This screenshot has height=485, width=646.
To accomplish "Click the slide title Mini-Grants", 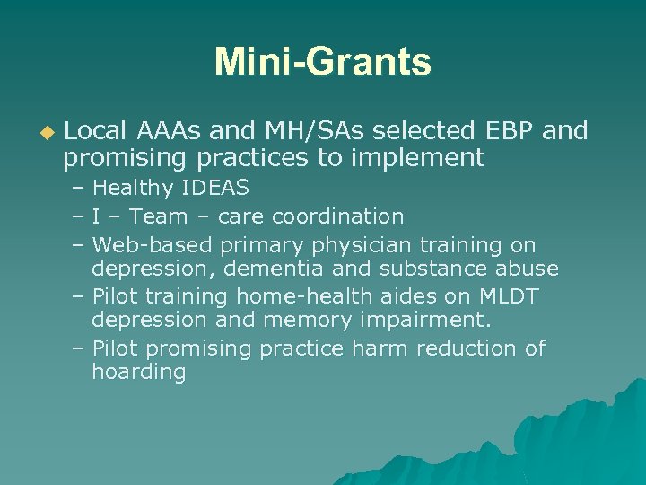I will pos(322,63).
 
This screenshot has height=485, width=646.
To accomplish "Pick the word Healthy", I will pos(133,189).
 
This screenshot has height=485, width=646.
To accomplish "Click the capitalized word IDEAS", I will pos(215,189).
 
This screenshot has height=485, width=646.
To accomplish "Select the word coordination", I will pos(337,216).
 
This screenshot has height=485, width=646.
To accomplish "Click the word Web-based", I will pos(152,244).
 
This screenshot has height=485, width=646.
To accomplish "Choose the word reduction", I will pos(473,348).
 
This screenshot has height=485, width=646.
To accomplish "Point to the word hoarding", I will pos(138,373).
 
